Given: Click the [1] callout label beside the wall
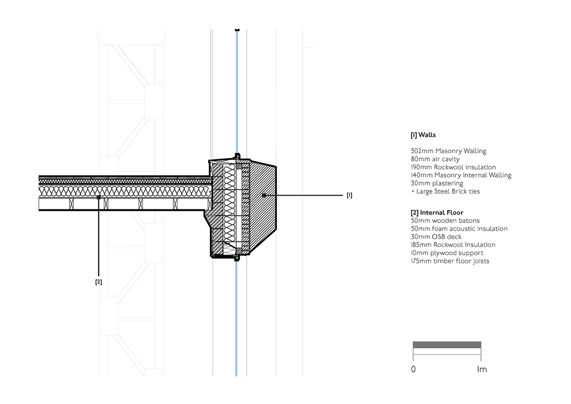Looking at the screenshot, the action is (x=349, y=195).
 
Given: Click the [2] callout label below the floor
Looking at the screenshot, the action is (x=98, y=282).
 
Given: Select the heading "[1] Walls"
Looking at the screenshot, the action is (x=423, y=135).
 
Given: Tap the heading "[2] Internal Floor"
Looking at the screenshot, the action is (x=437, y=213).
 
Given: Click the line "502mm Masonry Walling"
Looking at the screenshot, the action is (x=449, y=151).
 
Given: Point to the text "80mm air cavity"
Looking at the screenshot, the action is (x=435, y=159).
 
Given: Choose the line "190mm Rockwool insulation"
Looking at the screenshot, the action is (x=453, y=167).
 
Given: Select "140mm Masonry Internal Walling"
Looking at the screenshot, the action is (x=461, y=176).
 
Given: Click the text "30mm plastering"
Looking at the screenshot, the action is (x=437, y=183).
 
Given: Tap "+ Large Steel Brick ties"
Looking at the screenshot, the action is (x=445, y=191).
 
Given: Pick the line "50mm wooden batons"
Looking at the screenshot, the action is (x=445, y=221).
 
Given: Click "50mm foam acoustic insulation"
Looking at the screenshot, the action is (x=459, y=228).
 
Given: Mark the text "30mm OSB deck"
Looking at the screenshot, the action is (x=436, y=237).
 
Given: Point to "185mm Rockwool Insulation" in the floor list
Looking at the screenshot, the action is (x=453, y=245).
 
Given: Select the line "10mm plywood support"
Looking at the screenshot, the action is (x=447, y=253).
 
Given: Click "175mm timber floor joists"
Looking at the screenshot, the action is (x=450, y=261).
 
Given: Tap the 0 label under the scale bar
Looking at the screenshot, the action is (x=413, y=369).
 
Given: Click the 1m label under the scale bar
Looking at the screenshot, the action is (x=482, y=369).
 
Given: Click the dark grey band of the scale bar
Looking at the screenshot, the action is (x=447, y=345).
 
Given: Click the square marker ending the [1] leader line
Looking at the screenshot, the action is (x=264, y=196).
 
